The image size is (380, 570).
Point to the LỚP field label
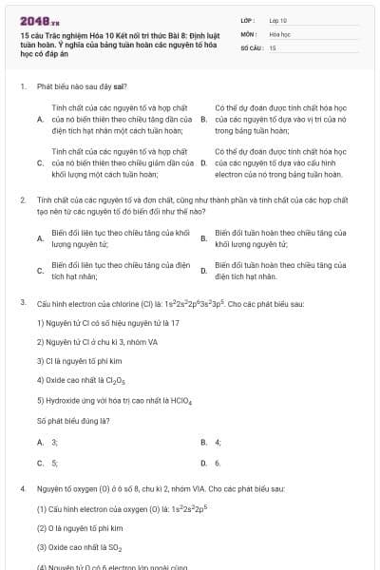coord(247,20)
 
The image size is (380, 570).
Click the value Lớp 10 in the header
coord(278,20)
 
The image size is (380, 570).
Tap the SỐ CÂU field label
coord(251,47)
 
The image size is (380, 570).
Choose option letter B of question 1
coord(204,120)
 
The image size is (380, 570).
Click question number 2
coord(22,200)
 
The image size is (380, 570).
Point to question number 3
coord(22,301)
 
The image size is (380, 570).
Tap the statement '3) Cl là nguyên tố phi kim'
coord(80,361)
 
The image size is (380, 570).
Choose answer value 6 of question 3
coord(218,463)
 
